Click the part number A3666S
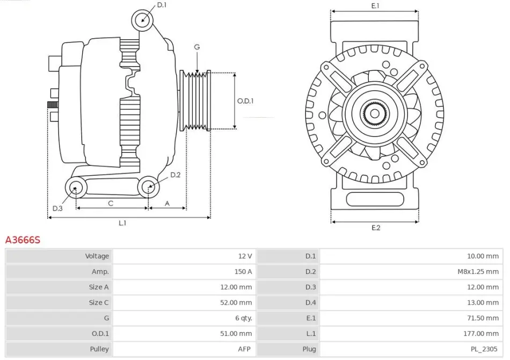[x=23, y=240]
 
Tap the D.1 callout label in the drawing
[x=162, y=5]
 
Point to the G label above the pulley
[x=197, y=47]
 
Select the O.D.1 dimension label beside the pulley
[x=245, y=100]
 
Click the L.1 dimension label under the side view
[x=122, y=223]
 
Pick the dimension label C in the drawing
[x=111, y=203]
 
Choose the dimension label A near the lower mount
[x=167, y=203]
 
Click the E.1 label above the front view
[x=375, y=6]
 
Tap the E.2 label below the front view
[x=376, y=228]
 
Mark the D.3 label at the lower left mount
[x=57, y=208]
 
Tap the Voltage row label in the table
[x=97, y=256]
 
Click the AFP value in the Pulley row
[x=245, y=349]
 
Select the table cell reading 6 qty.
[x=243, y=318]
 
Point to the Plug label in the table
[x=309, y=349]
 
